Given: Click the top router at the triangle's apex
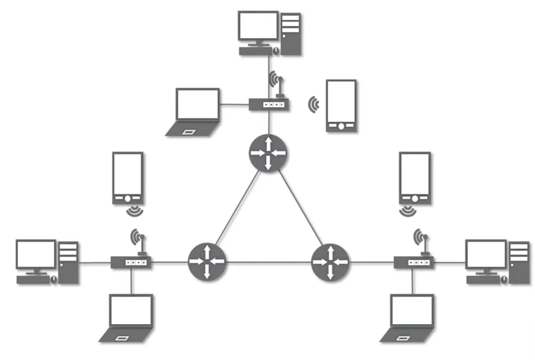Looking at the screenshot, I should click(x=268, y=153).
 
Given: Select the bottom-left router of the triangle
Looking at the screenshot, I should click(x=207, y=261).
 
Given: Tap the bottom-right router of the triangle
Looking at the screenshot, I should click(x=330, y=262).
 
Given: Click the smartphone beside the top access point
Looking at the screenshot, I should click(x=341, y=106).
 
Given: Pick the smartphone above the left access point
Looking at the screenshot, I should click(x=128, y=178).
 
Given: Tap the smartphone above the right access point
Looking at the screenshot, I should click(x=415, y=178).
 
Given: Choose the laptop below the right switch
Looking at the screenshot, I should click(x=409, y=318).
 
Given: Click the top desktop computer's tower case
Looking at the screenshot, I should click(x=291, y=34).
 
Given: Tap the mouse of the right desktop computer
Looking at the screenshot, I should click(x=504, y=279).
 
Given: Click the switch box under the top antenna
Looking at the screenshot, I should click(x=269, y=104).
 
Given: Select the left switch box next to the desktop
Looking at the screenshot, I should click(x=131, y=262).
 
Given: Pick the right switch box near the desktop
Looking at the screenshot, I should click(x=413, y=262).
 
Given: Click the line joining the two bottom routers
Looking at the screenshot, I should click(x=269, y=262).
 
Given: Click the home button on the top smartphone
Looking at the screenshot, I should click(x=341, y=126).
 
